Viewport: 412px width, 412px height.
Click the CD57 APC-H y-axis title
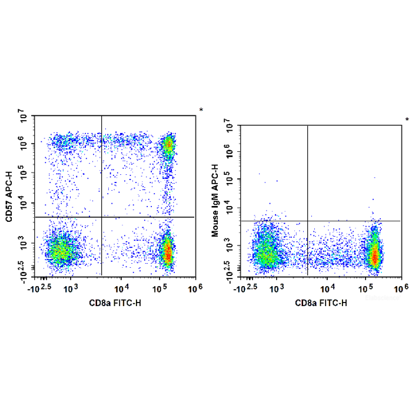click(9, 196)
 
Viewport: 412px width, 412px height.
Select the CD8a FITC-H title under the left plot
click(115, 303)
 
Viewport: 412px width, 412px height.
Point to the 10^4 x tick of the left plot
click(121, 287)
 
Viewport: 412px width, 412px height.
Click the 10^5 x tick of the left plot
click(159, 287)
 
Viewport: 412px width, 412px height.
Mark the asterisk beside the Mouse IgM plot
click(407, 121)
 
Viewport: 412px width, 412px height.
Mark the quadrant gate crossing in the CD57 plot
click(102, 217)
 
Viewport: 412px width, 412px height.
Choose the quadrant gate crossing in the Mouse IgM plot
click(308, 221)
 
